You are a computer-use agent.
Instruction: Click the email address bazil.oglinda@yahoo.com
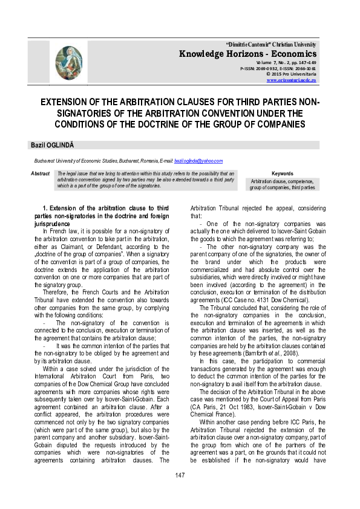tap(198, 161)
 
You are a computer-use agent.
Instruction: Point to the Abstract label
tap(41, 173)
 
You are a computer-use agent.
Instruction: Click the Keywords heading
tap(283, 173)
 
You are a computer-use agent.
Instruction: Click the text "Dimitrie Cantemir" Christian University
tap(270, 45)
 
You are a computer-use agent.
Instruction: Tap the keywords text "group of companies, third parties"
tap(283, 188)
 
